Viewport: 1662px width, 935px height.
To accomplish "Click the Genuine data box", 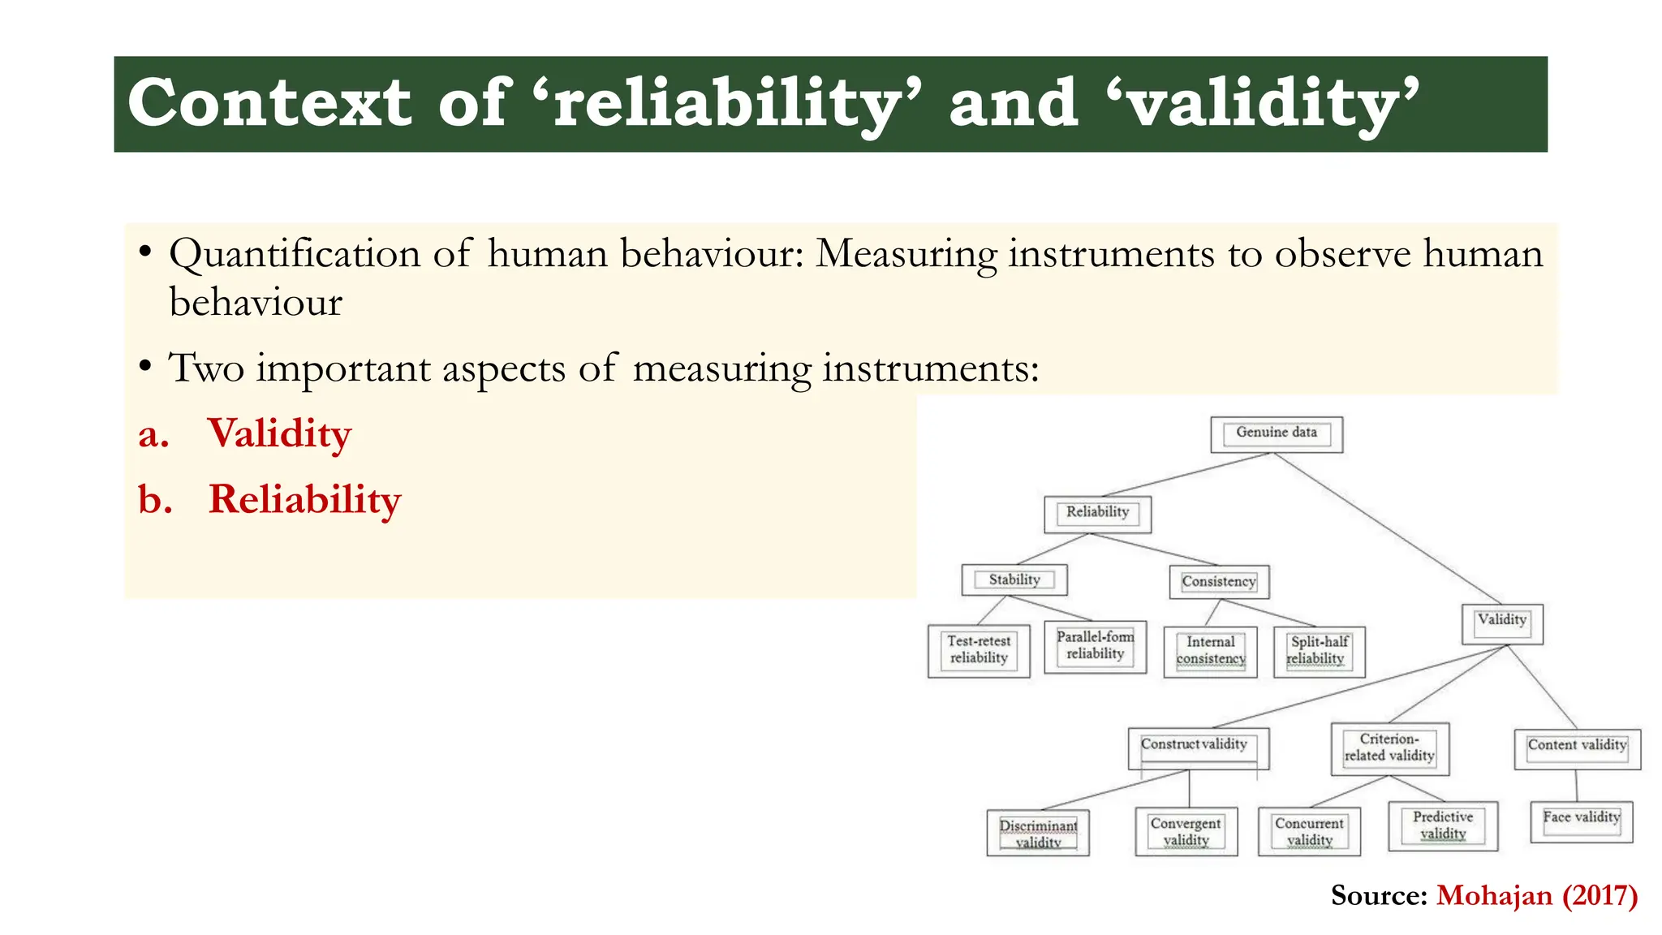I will [1276, 434].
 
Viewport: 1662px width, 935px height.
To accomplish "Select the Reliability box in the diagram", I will [1097, 514].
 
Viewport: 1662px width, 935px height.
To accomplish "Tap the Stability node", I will [1014, 580].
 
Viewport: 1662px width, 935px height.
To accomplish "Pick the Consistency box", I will [1219, 582].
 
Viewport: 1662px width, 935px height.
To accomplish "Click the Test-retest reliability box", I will [979, 650].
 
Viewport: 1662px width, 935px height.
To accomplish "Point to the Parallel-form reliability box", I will [1095, 647].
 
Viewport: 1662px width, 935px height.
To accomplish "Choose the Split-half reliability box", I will [1319, 651].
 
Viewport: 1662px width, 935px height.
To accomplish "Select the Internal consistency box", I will [1210, 651].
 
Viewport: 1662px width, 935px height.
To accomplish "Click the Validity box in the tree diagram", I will [1501, 623].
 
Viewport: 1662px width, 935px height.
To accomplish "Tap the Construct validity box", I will [1197, 747].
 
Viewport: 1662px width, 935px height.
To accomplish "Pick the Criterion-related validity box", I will [1389, 748].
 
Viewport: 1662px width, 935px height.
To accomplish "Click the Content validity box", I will [1577, 748].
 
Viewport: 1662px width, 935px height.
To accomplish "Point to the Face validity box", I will [1581, 821].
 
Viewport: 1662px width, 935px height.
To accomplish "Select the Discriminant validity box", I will [1038, 832].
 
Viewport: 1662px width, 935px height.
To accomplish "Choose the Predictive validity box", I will [1442, 825].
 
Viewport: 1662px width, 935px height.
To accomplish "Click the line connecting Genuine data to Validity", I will [1388, 528].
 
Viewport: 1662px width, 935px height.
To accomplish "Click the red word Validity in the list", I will [279, 433].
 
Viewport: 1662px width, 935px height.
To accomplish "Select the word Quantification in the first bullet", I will [294, 254].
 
